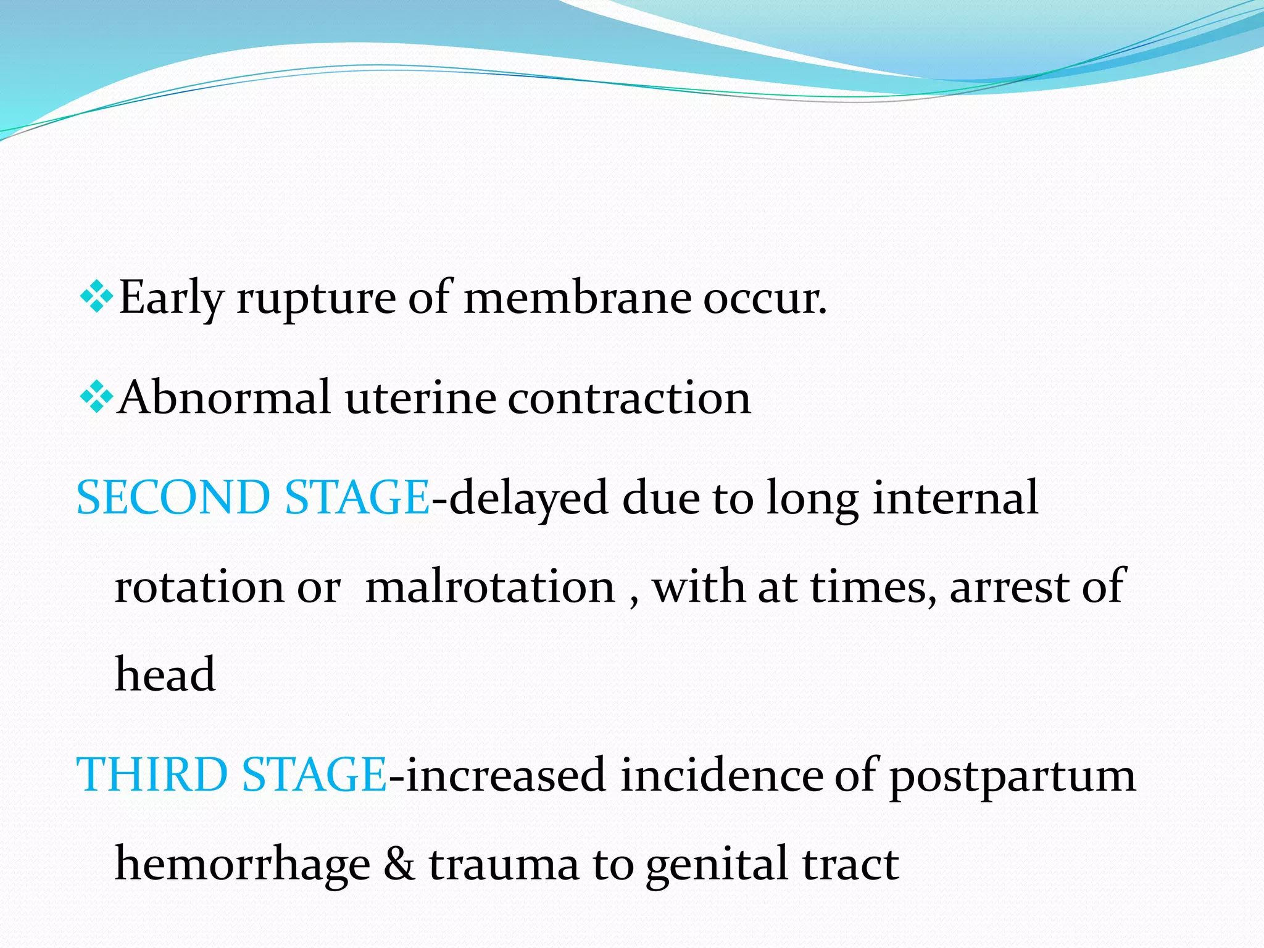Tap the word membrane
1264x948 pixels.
pyautogui.click(x=577, y=297)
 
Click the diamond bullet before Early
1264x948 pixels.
pyautogui.click(x=96, y=297)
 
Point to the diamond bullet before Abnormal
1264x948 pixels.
pyautogui.click(x=96, y=397)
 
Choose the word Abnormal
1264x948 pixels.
pyautogui.click(x=224, y=397)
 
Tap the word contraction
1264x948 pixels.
pyautogui.click(x=629, y=397)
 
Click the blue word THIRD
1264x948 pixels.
pyautogui.click(x=151, y=774)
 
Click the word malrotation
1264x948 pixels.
pyautogui.click(x=490, y=586)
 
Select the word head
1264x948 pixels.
pyautogui.click(x=165, y=673)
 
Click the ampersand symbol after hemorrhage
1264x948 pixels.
pyautogui.click(x=399, y=863)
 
